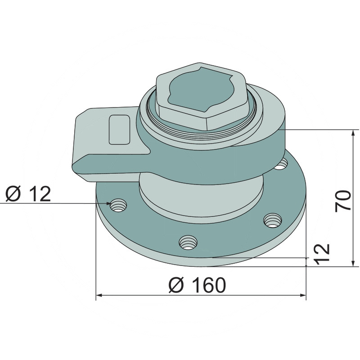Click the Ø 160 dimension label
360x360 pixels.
(x=197, y=285)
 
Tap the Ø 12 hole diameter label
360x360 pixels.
(x=28, y=194)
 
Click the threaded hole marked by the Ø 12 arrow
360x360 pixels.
(x=118, y=205)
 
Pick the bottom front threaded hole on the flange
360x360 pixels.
(x=188, y=243)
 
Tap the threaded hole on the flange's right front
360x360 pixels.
(x=273, y=220)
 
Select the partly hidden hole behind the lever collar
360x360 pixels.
(x=281, y=164)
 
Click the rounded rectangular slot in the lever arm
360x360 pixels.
(x=119, y=130)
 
